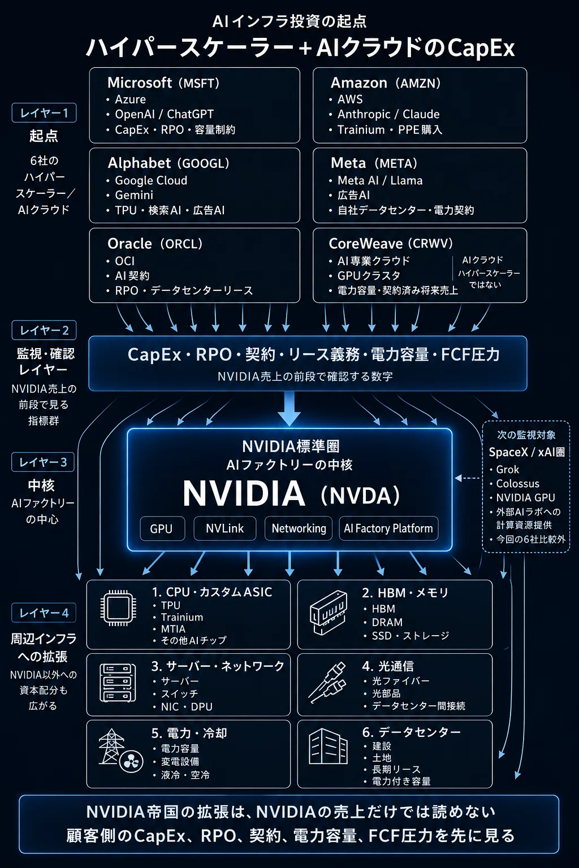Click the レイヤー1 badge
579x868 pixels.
pos(44,113)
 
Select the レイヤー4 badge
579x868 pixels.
pos(44,613)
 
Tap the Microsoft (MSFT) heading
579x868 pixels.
pos(163,83)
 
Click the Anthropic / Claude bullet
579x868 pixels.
pos(388,114)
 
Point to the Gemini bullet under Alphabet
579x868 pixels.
pos(134,195)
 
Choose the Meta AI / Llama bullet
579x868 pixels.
pos(380,180)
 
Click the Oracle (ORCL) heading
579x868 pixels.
pos(155,244)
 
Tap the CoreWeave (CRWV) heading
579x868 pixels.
pos(391,244)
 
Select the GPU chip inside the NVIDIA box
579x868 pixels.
pos(162,528)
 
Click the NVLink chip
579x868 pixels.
pos(225,528)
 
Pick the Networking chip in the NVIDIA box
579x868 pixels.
pos(299,528)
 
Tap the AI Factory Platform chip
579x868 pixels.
pos(388,528)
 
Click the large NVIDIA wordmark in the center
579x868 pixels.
pos(244,493)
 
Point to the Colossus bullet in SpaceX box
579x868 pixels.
pos(518,484)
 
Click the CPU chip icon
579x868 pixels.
pos(118,608)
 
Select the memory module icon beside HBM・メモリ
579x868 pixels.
pos(329,613)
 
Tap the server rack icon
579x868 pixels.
pos(118,683)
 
